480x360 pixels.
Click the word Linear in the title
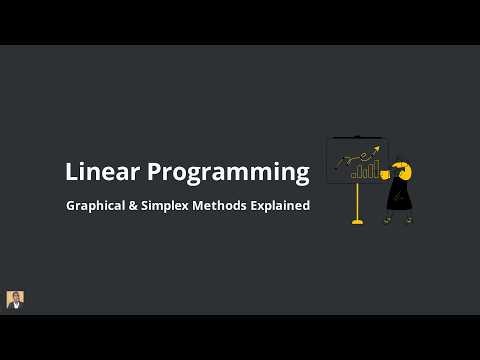tap(103, 172)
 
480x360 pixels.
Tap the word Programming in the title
tap(229, 173)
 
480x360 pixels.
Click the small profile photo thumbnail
tap(15, 299)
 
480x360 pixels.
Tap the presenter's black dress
tap(400, 194)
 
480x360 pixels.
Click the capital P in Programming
tap(156, 172)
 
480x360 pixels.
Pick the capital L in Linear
tap(71, 172)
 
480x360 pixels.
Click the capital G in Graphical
tap(72, 206)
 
